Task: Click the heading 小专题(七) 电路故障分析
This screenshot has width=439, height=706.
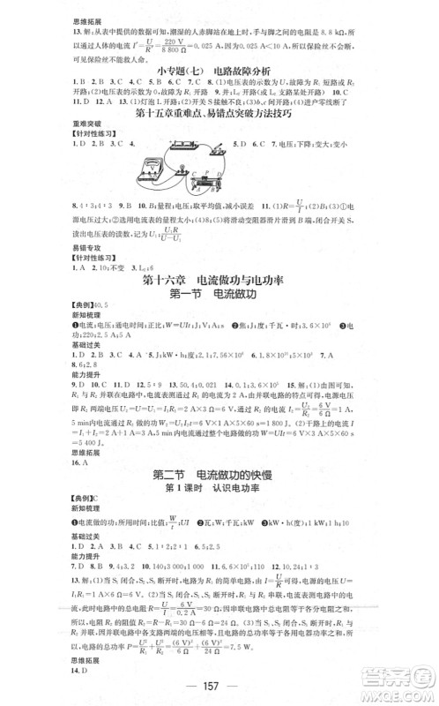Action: [x=219, y=70]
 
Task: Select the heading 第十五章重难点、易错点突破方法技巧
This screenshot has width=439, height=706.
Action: [x=219, y=113]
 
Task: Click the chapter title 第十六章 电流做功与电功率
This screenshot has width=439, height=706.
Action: [x=219, y=281]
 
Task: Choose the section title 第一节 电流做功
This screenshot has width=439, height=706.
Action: [x=218, y=296]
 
